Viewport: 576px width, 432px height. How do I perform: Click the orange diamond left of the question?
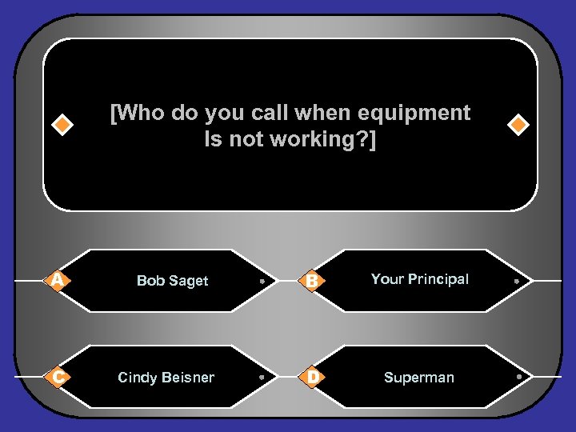tap(62, 126)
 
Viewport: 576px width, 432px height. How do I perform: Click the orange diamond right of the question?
tap(518, 126)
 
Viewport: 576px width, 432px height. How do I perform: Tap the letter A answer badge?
tap(55, 280)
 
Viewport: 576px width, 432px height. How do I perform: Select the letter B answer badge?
tap(313, 280)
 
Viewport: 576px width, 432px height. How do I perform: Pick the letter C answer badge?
tap(55, 377)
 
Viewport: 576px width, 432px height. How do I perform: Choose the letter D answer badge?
tap(313, 377)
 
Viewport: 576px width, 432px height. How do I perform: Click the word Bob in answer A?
tap(150, 281)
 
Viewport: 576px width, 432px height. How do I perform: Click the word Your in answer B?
tap(387, 279)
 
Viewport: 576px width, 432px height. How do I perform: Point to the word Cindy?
tap(136, 378)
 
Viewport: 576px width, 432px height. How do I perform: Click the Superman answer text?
tap(418, 378)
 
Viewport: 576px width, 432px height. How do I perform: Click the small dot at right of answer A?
tap(262, 282)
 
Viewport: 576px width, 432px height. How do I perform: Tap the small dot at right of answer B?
tap(518, 282)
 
